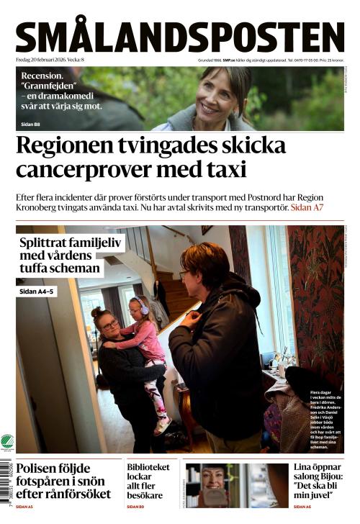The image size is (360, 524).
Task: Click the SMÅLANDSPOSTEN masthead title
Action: [180, 36]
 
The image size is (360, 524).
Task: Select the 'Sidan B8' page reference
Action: [31, 125]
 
